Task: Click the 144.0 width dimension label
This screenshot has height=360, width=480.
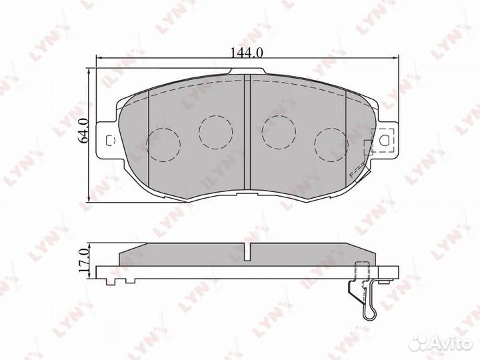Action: coord(247,53)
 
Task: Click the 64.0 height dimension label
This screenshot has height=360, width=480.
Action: coord(83,131)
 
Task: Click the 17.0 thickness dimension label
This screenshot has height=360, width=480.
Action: coord(83,260)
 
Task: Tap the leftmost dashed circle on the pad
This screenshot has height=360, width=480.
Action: coord(163,145)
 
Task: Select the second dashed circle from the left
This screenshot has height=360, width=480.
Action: coord(216,132)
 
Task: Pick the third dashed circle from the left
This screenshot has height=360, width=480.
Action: coord(279,132)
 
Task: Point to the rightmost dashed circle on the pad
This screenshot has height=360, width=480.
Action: coord(331,145)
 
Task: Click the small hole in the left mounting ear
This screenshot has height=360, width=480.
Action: coord(109,140)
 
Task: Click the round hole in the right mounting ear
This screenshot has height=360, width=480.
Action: coord(384,140)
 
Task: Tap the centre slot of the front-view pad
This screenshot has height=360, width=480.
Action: coord(247,132)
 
